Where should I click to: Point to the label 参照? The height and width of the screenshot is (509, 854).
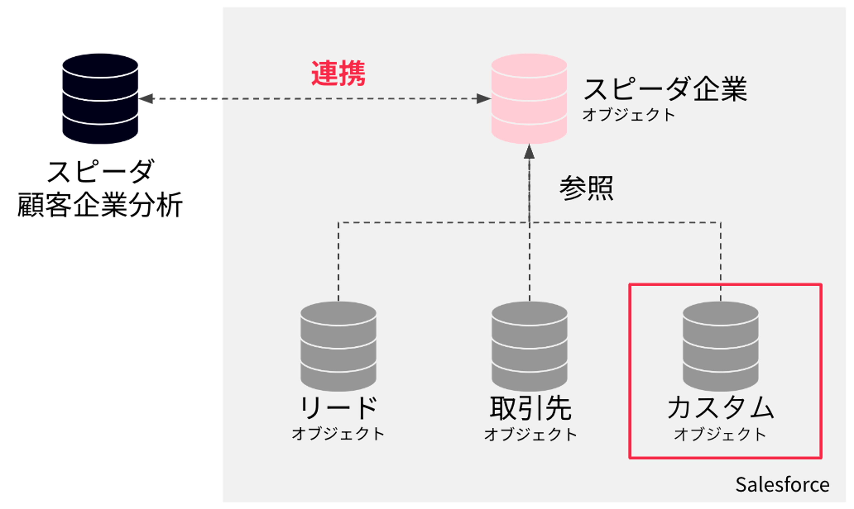tap(586, 188)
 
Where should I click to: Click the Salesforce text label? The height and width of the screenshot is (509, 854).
tap(782, 485)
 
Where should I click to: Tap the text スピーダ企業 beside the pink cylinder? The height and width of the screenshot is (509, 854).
tap(665, 89)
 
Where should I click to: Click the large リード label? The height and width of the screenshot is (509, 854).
tap(338, 408)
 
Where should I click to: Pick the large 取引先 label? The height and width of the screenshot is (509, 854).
tap(531, 408)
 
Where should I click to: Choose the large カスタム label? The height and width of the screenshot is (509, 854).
tap(720, 408)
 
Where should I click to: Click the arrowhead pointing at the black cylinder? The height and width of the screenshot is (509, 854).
tap(146, 99)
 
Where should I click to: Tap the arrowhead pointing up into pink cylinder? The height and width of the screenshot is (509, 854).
tap(529, 152)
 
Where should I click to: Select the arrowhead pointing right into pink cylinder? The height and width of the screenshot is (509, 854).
tap(484, 99)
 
